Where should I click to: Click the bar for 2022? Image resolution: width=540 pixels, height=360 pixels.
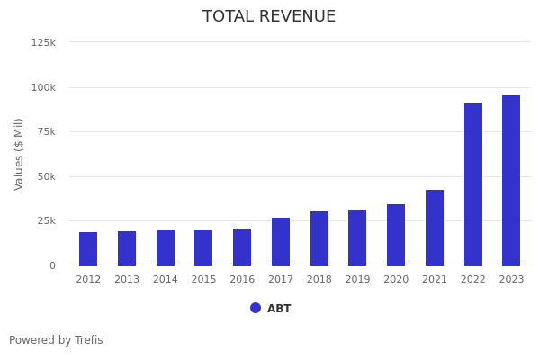(x=473, y=184)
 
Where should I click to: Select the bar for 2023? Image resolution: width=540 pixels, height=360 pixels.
(x=511, y=180)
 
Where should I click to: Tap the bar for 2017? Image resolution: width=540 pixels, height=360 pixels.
(x=281, y=241)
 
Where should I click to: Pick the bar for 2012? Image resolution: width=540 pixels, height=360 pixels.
(x=88, y=248)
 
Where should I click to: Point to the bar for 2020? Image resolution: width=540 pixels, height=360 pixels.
(x=396, y=235)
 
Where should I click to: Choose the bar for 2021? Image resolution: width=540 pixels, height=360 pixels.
(x=435, y=228)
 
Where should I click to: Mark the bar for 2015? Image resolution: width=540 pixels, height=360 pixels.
(x=203, y=247)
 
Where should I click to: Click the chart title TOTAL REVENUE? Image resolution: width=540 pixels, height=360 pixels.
(x=269, y=17)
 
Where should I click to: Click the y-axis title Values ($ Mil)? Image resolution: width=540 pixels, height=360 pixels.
(x=19, y=154)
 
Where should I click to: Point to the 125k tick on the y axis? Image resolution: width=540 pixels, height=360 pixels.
(x=43, y=42)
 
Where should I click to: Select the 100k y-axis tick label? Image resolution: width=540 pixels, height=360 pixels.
(x=43, y=87)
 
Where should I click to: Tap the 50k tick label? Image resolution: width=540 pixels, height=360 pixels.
(x=46, y=176)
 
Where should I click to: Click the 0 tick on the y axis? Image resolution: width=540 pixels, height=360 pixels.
(x=52, y=265)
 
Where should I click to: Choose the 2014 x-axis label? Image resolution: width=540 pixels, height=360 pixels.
(x=166, y=280)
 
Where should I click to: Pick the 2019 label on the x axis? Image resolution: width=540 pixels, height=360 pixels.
(x=357, y=280)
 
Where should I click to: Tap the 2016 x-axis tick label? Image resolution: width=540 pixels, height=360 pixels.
(x=242, y=280)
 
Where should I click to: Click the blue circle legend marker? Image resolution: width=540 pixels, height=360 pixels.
(x=256, y=308)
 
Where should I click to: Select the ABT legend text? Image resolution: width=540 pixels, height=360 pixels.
(x=279, y=309)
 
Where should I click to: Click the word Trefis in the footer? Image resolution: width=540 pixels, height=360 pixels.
(x=88, y=340)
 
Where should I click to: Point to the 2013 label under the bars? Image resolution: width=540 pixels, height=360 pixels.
(x=127, y=280)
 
